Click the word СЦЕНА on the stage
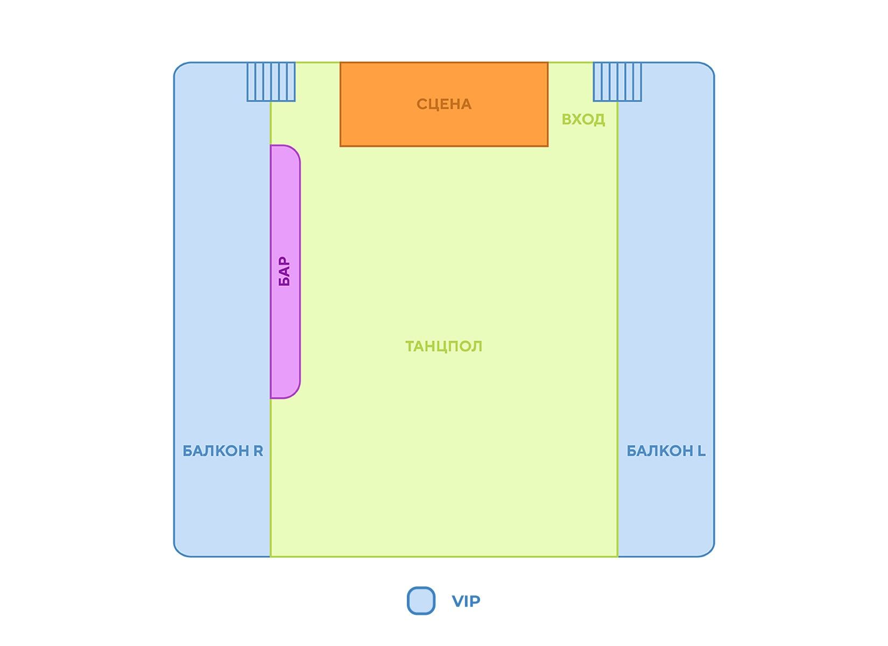coord(444,104)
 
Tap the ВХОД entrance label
coord(583,120)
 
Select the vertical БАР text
coord(284,271)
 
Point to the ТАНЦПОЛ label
coord(443,346)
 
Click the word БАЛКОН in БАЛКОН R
coord(215,451)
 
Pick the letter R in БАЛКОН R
coord(258,451)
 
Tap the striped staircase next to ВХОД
coord(617,82)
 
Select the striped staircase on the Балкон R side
coord(271,82)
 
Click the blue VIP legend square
coord(421,601)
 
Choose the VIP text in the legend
coord(466,601)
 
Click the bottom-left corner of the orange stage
coord(341,145)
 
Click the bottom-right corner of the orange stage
coord(547,145)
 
